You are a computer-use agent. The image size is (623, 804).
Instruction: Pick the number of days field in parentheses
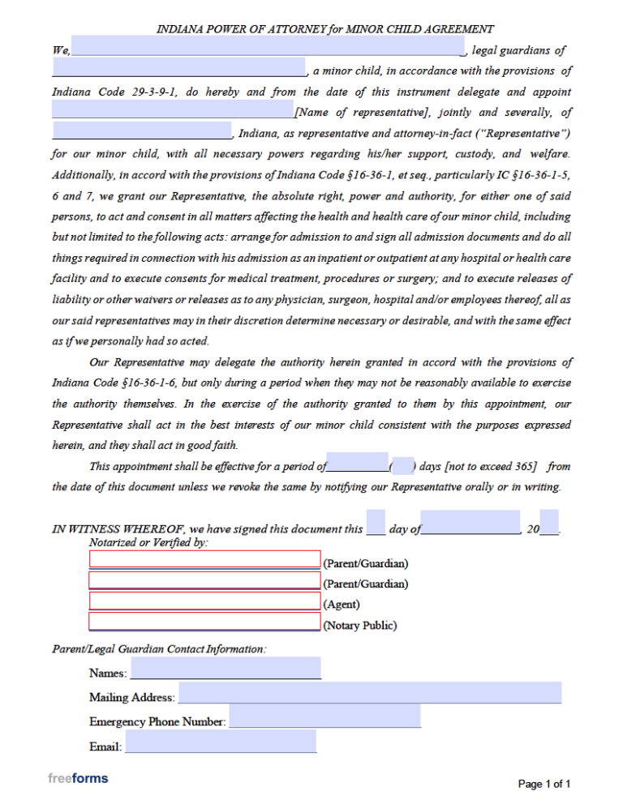402,464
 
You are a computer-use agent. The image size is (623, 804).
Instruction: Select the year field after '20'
548,524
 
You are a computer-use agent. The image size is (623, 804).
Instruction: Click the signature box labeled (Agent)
204,601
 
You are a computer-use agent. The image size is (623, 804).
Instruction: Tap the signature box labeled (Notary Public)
204,622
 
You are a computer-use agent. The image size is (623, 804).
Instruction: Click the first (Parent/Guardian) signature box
204,559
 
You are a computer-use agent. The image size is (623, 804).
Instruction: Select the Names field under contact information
226,669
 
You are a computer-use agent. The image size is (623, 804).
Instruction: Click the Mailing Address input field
369,693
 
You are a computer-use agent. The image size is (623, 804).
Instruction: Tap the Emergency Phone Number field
324,716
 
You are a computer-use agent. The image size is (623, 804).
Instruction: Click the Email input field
220,742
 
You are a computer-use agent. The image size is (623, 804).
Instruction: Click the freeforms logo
78,779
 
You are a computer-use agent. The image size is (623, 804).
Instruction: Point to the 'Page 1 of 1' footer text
544,784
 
